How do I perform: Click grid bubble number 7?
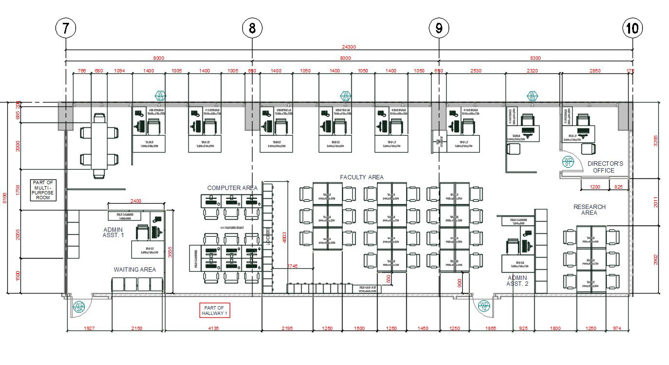tap(66, 29)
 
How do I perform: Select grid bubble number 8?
tap(252, 29)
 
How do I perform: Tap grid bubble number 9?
tap(439, 29)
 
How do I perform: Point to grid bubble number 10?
tap(633, 29)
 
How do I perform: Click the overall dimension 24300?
tap(349, 47)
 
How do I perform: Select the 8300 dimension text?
tap(535, 58)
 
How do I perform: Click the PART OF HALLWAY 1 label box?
tap(214, 311)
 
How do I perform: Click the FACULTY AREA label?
tap(362, 177)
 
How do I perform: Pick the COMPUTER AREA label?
tap(232, 188)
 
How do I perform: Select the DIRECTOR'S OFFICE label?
tap(605, 167)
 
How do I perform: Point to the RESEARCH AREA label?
tap(589, 210)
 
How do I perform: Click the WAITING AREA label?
tap(135, 269)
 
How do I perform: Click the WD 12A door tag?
tap(78, 307)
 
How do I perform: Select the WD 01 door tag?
tap(568, 162)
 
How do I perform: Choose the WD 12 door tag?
tap(484, 307)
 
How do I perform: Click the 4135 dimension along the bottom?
tap(213, 329)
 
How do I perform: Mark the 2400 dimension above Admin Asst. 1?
tap(136, 201)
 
